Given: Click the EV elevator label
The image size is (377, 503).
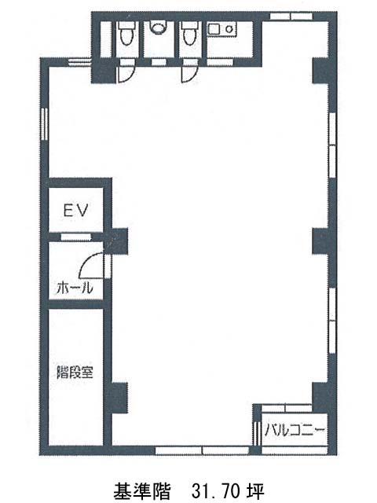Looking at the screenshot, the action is [x=75, y=211].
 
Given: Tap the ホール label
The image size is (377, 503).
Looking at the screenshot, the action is [x=75, y=288].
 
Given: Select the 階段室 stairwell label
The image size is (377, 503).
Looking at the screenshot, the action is [x=75, y=372].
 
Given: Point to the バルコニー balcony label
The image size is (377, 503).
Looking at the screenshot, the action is [x=295, y=429].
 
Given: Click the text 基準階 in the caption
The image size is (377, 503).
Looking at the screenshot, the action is [x=141, y=490].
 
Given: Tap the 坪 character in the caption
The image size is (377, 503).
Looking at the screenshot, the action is [x=255, y=490].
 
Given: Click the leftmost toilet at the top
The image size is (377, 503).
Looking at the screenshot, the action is [x=126, y=33].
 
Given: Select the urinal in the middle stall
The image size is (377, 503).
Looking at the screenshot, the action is [x=158, y=28].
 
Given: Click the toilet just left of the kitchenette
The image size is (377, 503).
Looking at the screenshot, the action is [x=190, y=33].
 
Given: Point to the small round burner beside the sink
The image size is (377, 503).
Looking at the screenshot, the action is [x=229, y=29].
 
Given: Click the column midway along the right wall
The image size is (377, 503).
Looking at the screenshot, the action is [x=320, y=241].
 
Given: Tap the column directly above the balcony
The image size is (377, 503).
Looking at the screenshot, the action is [x=320, y=394].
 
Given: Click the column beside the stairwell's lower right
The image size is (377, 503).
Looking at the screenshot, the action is [x=119, y=398].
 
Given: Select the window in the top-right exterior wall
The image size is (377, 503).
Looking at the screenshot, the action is [x=291, y=17].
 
